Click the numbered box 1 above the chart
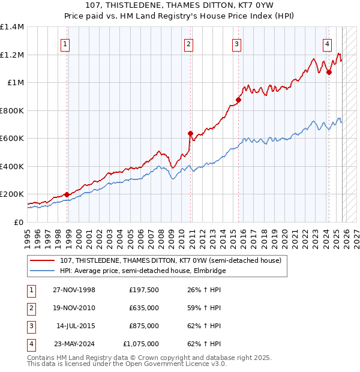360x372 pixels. pos(64,43)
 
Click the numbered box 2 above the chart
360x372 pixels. pos(188,43)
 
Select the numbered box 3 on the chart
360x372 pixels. pos(236,43)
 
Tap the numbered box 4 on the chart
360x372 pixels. pos(327,43)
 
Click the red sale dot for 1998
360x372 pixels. pos(67,195)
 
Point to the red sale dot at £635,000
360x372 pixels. pos(191,134)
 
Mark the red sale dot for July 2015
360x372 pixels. pos(238,101)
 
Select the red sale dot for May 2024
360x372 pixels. pos(329,73)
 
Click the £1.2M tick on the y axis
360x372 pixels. pos(12,55)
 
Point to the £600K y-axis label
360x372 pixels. pos(12,139)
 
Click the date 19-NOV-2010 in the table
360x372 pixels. pos(73,308)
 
